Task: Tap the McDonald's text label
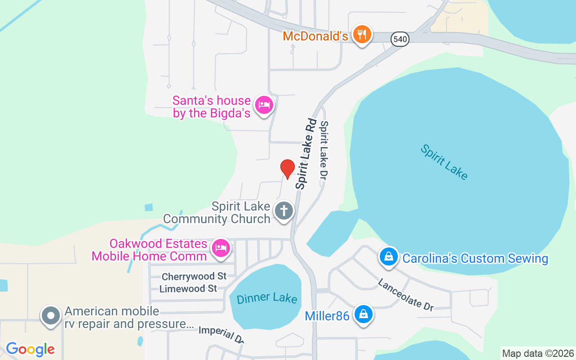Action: (x=315, y=36)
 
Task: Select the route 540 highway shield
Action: (x=400, y=39)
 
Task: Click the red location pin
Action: (x=287, y=169)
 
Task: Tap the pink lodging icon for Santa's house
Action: (x=264, y=105)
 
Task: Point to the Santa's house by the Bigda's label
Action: (x=211, y=107)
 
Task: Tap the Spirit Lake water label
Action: (x=444, y=162)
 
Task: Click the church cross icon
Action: (x=284, y=211)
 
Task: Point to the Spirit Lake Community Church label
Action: (x=217, y=213)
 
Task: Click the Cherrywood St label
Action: (x=194, y=276)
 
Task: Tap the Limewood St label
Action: (x=188, y=288)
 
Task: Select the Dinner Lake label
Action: (x=267, y=298)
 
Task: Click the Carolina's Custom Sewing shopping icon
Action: (x=388, y=257)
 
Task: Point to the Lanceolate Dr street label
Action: (x=405, y=295)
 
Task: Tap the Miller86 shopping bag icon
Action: (x=363, y=314)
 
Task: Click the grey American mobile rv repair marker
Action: (x=51, y=316)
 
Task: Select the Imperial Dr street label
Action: (x=222, y=334)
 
